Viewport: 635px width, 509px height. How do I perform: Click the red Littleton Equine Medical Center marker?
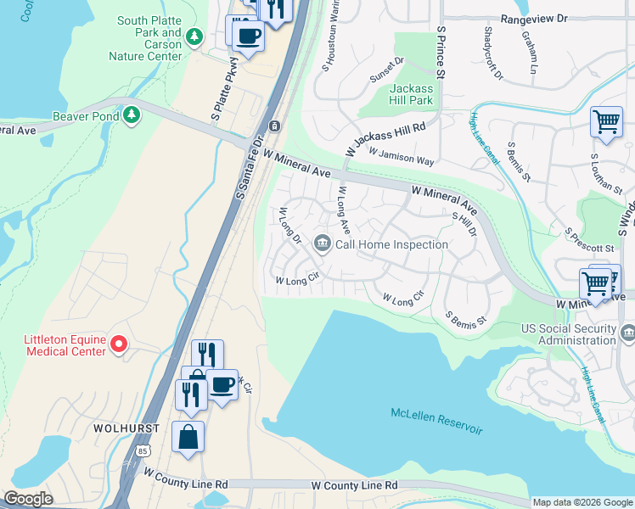tap(119, 344)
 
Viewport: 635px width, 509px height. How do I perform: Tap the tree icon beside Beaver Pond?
tap(132, 115)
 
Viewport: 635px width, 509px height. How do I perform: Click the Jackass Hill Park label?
tap(412, 94)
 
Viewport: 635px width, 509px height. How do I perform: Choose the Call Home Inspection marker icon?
tap(322, 244)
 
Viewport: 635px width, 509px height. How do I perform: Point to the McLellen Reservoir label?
tap(436, 422)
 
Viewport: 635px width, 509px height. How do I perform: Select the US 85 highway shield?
tap(132, 463)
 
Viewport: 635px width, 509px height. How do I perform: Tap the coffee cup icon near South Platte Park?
tap(249, 36)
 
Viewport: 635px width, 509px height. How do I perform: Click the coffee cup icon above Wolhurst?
tap(222, 384)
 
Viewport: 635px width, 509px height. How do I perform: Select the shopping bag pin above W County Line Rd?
tap(188, 437)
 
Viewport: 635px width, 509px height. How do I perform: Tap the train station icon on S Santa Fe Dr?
tap(273, 126)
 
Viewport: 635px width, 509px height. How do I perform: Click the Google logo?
tap(29, 499)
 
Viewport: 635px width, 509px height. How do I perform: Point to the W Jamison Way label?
tap(402, 156)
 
